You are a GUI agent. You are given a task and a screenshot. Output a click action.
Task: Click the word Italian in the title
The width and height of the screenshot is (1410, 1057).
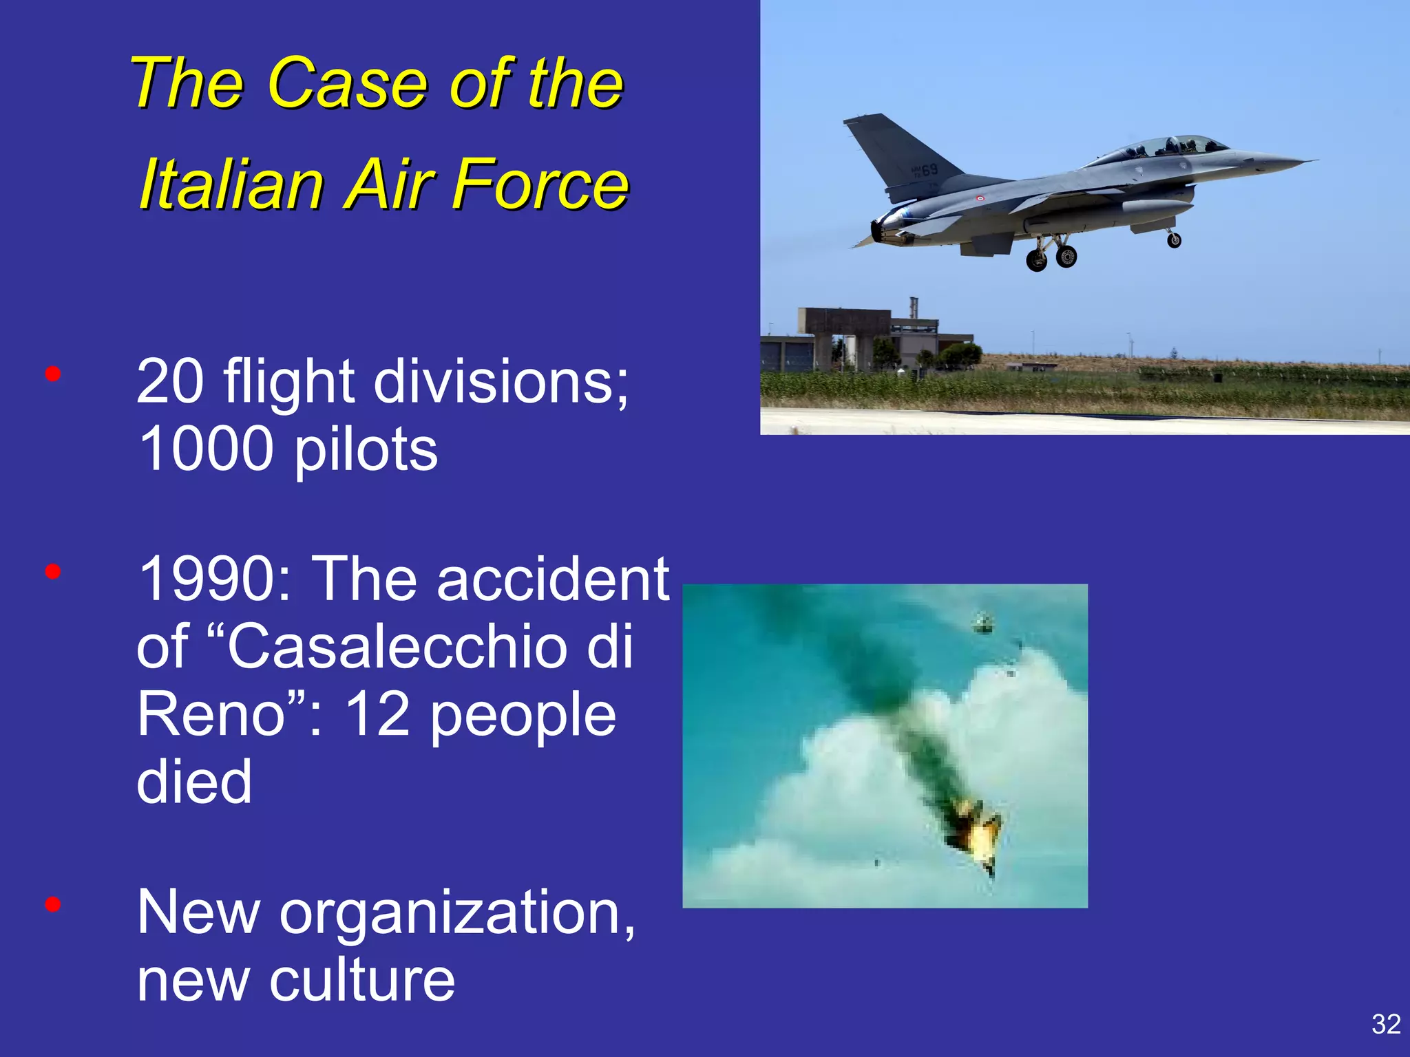pos(231,184)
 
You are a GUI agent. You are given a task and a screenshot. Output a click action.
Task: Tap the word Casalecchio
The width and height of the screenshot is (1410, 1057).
pos(396,646)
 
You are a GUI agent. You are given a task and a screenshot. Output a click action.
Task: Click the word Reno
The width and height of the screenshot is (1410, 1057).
pos(211,714)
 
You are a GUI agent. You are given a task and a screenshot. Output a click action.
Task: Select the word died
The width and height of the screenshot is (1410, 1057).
pos(194,781)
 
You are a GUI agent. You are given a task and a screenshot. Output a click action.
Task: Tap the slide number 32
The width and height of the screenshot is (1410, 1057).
pos(1385,1024)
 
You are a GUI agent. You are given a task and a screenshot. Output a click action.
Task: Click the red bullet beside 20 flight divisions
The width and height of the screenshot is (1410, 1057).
pos(53,374)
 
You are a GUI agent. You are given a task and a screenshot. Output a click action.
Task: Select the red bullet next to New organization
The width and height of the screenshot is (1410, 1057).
pos(53,904)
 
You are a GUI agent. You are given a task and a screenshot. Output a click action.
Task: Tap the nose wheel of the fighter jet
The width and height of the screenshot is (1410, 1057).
pos(1174,240)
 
